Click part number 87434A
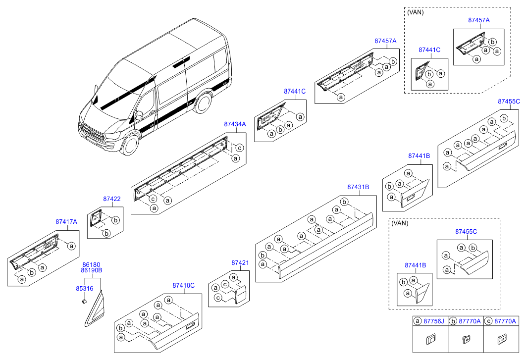tap(235, 124)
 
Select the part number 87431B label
tap(358, 187)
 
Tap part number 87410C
tap(184, 285)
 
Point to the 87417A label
tap(66, 222)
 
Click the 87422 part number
tap(112, 199)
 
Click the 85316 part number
tap(85, 288)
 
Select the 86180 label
tap(91, 265)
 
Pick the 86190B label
tap(92, 271)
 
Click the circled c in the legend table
tap(488, 321)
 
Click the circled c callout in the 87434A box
tap(239, 148)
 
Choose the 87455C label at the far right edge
tap(509, 102)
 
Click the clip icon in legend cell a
tap(430, 339)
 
